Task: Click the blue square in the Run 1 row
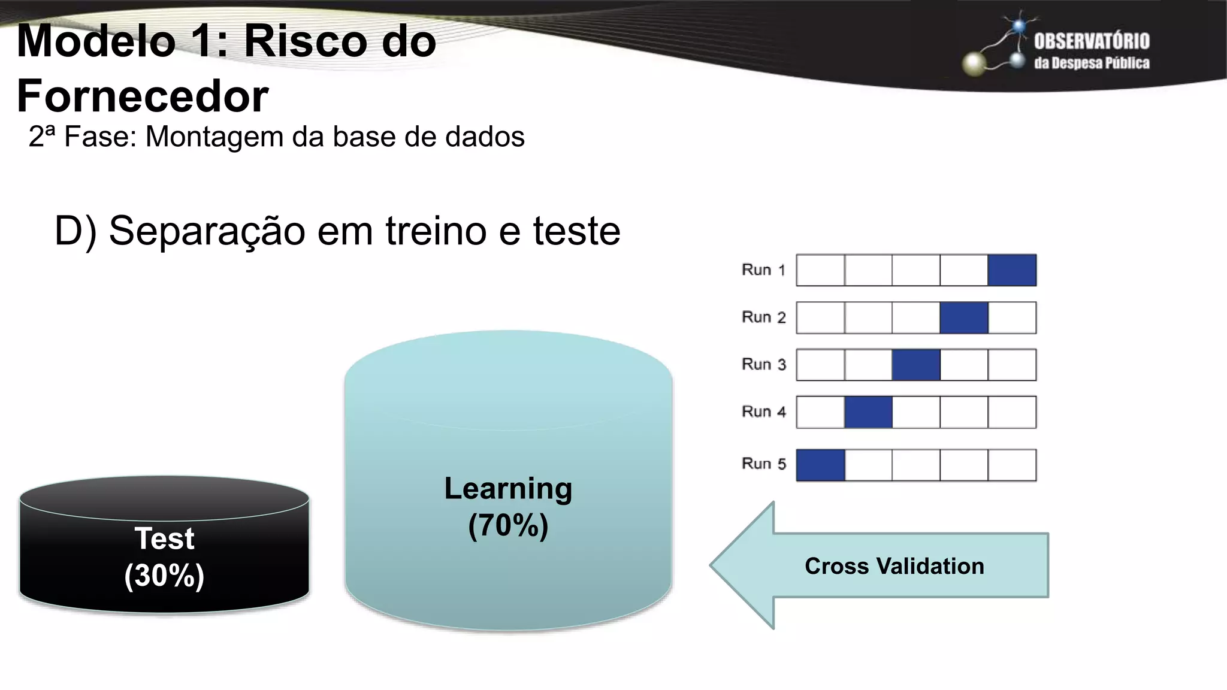point(1012,270)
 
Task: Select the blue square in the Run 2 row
point(964,317)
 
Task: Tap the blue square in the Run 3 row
point(916,365)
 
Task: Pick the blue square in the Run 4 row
point(868,412)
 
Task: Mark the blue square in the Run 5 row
point(820,465)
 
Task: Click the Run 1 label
point(763,270)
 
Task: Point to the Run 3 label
point(763,365)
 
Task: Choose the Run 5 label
point(763,464)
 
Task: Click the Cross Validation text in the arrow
point(894,566)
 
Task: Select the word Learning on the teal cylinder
point(508,489)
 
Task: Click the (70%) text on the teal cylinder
point(508,525)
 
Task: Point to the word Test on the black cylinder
point(164,538)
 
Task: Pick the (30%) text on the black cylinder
point(164,576)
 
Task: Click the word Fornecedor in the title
point(143,96)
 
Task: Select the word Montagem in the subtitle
point(215,137)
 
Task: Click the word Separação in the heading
point(207,231)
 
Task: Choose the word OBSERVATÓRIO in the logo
point(1092,41)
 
